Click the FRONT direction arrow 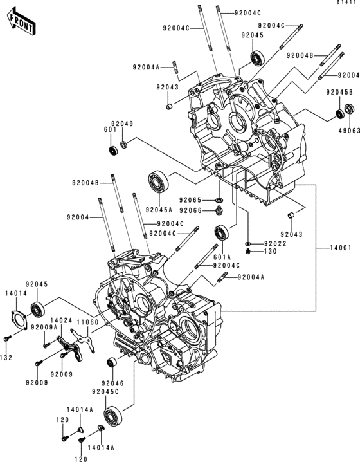[21, 22]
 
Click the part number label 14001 [340, 248]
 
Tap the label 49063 [350, 130]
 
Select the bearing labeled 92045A [158, 182]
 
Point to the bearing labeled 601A [222, 233]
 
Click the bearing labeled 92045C [113, 415]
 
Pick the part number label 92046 [113, 383]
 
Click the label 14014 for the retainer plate [16, 293]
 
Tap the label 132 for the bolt [6, 358]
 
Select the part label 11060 [87, 322]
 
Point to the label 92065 [190, 200]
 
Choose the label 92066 [190, 210]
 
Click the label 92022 [275, 243]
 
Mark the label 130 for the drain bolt [271, 251]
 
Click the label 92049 [122, 124]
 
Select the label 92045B [339, 92]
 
